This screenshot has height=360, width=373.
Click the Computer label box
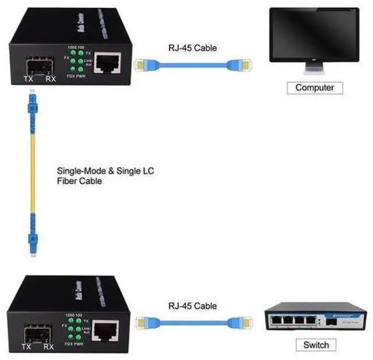pos(315,88)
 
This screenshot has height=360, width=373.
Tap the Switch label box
pos(316,345)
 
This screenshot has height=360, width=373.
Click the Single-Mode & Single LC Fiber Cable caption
pos(105,177)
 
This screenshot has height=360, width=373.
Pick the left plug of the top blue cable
pos(142,65)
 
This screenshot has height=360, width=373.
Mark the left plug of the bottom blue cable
pos(142,322)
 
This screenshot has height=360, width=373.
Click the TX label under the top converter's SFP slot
pos(27,79)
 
